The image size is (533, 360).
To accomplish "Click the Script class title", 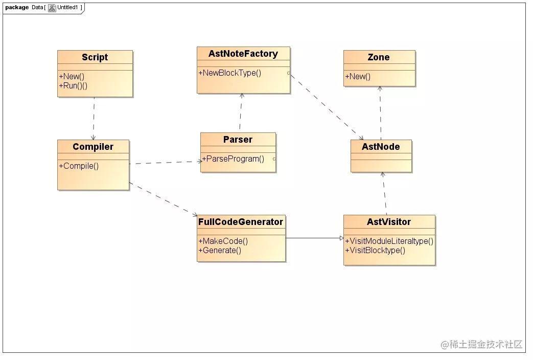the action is point(95,57).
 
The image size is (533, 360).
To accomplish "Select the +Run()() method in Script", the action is point(73,86).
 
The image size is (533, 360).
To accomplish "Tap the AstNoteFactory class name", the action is point(243,53).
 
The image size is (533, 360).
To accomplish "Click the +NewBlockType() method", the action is point(230,73).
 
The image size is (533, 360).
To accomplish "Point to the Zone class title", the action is point(379,57).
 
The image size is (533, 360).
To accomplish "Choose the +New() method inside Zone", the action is point(358,77).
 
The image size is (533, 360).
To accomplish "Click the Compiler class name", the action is point(93,147).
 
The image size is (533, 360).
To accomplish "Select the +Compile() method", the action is point(79,166).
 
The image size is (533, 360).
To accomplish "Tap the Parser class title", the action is point(238,140).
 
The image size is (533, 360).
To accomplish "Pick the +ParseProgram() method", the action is point(233,159).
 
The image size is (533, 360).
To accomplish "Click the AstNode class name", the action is point(381,147).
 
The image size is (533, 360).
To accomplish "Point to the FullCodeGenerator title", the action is point(241,222).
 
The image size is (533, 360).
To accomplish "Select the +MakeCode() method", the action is point(223,241).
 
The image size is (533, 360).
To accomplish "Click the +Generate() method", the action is point(220,251).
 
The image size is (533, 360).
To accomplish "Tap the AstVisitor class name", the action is point(389,222).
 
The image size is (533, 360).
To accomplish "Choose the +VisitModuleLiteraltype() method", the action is point(389,241).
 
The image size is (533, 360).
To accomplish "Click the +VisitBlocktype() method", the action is point(375,251).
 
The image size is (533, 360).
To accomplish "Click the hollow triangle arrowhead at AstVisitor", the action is point(342,238).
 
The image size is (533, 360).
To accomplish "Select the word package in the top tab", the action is point(17,7).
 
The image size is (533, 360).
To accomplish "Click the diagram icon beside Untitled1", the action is point(52,8).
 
